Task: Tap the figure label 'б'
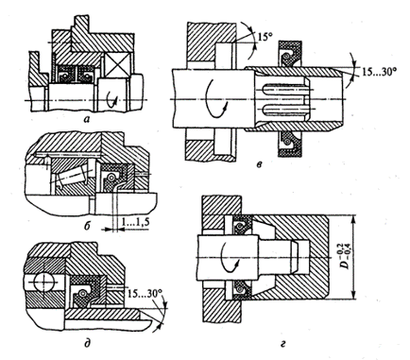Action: [x=88, y=225]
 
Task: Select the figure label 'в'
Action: [x=259, y=164]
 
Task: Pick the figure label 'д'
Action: [x=88, y=343]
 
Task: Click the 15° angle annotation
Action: [x=265, y=37]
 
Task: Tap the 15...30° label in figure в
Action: [x=377, y=73]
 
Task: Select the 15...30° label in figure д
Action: [x=145, y=294]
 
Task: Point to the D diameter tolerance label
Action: [x=347, y=258]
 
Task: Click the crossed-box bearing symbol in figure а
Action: [x=117, y=64]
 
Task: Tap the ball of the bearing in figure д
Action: [x=44, y=281]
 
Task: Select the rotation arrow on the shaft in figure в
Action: [x=215, y=99]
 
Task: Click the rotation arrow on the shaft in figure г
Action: [x=229, y=258]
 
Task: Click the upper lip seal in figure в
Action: [x=290, y=54]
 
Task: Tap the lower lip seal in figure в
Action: [x=290, y=144]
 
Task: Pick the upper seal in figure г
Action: [x=242, y=226]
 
